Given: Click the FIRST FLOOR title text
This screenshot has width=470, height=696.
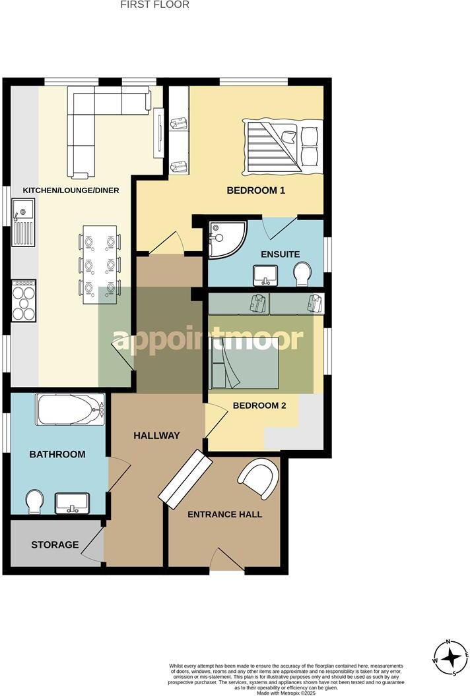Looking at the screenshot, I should [155, 5].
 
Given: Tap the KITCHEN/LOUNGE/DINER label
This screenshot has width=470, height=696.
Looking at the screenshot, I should [71, 190].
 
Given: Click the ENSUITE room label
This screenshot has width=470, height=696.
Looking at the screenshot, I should [280, 254].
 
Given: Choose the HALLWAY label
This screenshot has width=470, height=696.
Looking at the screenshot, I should [156, 435].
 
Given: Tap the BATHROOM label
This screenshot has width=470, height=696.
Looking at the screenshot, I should [57, 454].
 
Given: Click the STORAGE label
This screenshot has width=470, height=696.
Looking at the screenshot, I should [55, 545].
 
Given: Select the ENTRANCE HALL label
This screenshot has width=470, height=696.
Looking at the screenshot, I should [225, 514].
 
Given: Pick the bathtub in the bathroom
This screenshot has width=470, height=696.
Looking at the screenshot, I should [71, 409].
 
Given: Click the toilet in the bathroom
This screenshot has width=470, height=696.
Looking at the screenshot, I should [34, 502].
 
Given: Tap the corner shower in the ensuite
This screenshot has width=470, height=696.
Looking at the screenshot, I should [224, 239].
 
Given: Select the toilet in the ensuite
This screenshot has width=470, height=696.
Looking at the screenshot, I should [302, 274].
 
